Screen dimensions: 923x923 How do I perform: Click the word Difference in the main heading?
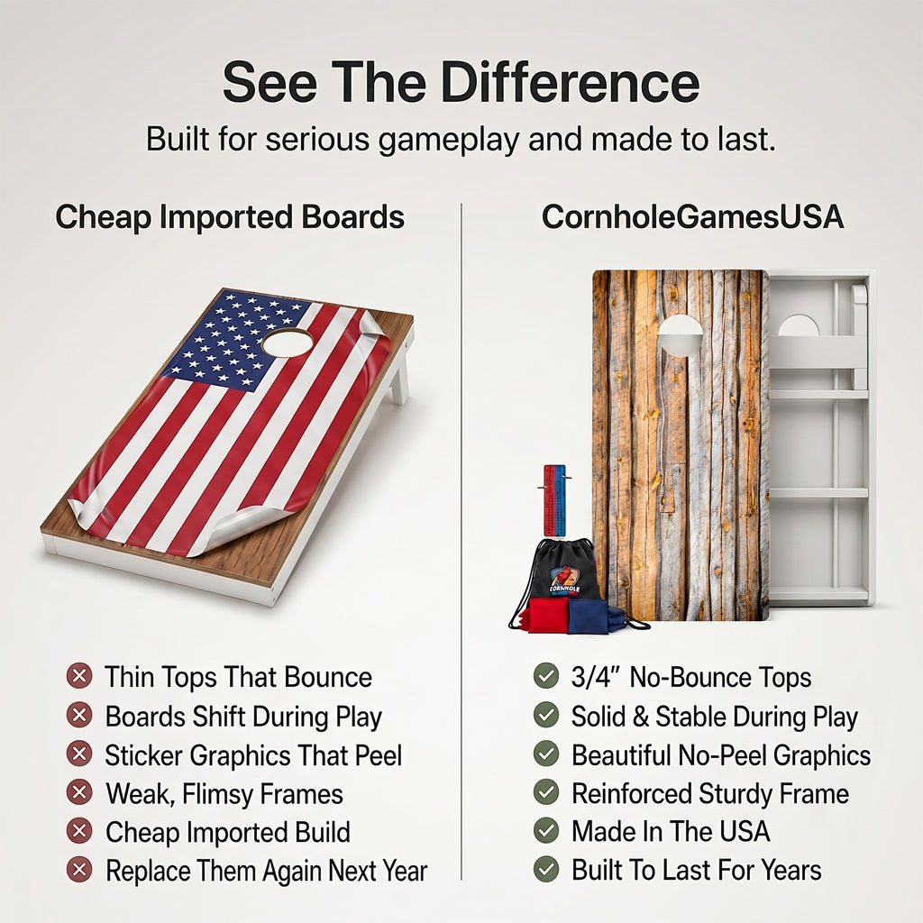point(570,82)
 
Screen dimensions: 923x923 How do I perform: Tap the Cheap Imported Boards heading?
point(230,217)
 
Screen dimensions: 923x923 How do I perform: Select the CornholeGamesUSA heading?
point(692,216)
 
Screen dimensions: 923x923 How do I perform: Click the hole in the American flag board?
point(288,342)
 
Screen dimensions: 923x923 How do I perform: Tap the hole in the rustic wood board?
point(680,335)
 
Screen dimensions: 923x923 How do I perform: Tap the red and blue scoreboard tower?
point(554,500)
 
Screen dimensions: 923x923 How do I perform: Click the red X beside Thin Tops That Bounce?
point(79,676)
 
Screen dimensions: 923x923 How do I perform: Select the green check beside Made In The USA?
point(546,830)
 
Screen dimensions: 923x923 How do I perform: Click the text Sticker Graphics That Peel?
point(253,755)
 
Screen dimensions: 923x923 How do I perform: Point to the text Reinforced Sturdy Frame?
point(710,793)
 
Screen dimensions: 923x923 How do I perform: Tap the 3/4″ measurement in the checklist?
point(596,677)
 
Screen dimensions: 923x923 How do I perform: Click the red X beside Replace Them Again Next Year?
point(79,870)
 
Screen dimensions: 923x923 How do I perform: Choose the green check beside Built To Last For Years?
point(546,870)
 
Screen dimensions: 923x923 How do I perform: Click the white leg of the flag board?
point(400,377)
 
